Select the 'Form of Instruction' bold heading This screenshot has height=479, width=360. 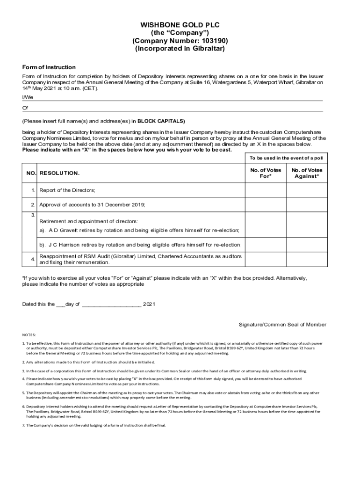click(49, 67)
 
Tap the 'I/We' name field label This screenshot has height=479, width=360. click(28, 97)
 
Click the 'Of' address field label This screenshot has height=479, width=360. click(25, 108)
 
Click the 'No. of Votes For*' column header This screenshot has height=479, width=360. click(265, 173)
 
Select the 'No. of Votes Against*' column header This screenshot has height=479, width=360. click(307, 173)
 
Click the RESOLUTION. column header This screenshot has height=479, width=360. click(59, 173)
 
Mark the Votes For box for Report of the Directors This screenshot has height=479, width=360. click(265, 190)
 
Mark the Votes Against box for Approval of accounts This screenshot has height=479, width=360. click(307, 205)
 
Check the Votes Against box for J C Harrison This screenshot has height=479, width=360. click(307, 245)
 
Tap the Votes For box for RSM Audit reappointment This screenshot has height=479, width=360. click(265, 260)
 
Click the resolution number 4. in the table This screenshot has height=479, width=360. click(33, 260)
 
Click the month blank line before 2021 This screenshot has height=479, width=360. click(111, 304)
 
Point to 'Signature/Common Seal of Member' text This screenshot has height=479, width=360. click(282, 325)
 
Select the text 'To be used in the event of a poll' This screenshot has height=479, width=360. click(286, 159)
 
